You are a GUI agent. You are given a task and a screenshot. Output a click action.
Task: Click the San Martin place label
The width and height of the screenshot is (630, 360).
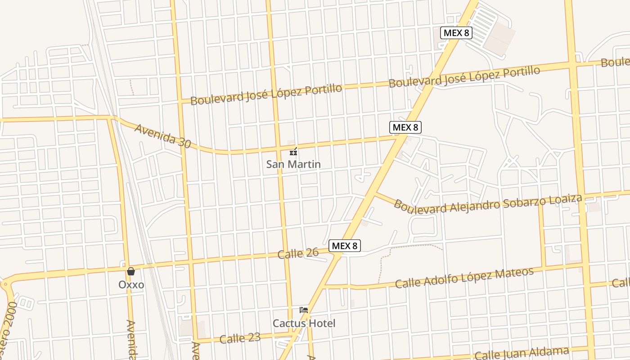tap(293, 164)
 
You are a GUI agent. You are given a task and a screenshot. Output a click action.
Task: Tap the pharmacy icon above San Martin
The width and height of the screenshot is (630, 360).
tap(293, 151)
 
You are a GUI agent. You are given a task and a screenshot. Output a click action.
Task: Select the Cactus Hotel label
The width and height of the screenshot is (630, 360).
tap(304, 323)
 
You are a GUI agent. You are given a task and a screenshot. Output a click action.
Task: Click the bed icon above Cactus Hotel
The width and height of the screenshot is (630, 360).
tap(304, 310)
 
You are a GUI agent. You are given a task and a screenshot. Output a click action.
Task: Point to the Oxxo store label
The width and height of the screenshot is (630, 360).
tap(131, 284)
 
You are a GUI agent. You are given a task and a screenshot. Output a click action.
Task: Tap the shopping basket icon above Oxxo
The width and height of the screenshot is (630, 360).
tap(131, 271)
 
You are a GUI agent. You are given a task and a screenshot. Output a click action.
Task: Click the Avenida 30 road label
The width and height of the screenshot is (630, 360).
tap(162, 136)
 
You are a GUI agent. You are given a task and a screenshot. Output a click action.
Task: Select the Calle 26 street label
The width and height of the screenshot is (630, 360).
tap(298, 253)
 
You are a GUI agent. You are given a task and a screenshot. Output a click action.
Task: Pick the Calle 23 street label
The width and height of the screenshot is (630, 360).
tap(240, 338)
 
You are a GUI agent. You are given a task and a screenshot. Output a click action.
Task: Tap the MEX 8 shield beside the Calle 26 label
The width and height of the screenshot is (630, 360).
tap(345, 246)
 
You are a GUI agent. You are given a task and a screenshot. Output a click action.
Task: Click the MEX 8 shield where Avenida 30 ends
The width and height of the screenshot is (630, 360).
tap(405, 127)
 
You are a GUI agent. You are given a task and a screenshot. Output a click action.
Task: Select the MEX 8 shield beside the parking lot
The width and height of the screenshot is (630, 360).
tap(456, 32)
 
